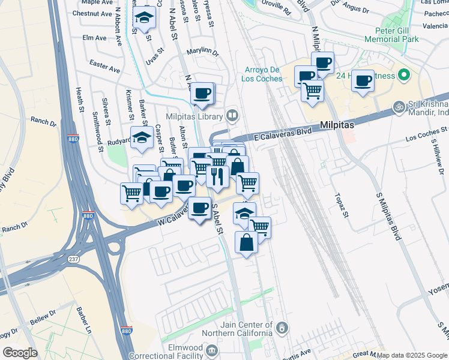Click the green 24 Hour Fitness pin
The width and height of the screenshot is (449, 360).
click(x=404, y=76)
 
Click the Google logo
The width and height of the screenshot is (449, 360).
click(x=20, y=353)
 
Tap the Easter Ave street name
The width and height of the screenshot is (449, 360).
click(x=104, y=65)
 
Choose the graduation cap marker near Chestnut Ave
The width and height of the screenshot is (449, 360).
click(x=144, y=18)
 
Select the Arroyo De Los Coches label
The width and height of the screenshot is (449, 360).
click(x=262, y=74)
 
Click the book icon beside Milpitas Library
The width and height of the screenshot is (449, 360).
click(x=232, y=115)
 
